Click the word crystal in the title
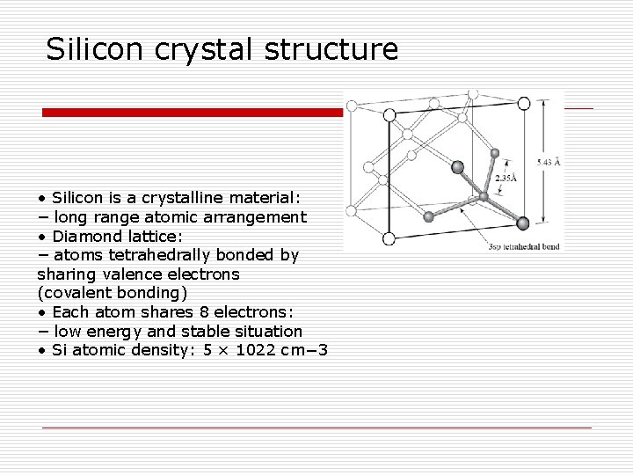tap(200, 49)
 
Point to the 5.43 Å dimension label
tap(549, 162)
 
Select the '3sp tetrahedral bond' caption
tap(523, 247)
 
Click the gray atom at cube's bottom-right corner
tap(522, 223)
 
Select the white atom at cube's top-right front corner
tap(524, 104)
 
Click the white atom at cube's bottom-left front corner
tap(389, 237)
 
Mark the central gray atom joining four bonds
tap(483, 195)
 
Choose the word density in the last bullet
tap(164, 351)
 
